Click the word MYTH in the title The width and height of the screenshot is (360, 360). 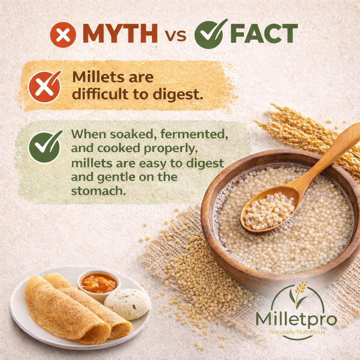(x=120, y=33)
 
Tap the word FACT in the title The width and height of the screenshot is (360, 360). (x=264, y=33)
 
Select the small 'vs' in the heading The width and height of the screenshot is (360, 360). (x=175, y=36)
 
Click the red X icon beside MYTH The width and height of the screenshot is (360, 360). (x=63, y=35)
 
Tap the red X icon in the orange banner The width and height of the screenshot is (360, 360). (x=45, y=86)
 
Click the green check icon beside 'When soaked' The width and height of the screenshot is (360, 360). (x=45, y=147)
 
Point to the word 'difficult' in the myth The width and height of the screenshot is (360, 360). (x=100, y=94)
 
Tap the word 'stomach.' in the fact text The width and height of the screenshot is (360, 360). (x=98, y=191)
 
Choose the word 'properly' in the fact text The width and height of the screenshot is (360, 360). (x=171, y=149)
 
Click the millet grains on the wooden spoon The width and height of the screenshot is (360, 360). (x=269, y=211)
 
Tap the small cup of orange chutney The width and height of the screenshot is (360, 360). (x=99, y=284)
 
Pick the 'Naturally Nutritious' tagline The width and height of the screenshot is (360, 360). (x=297, y=332)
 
